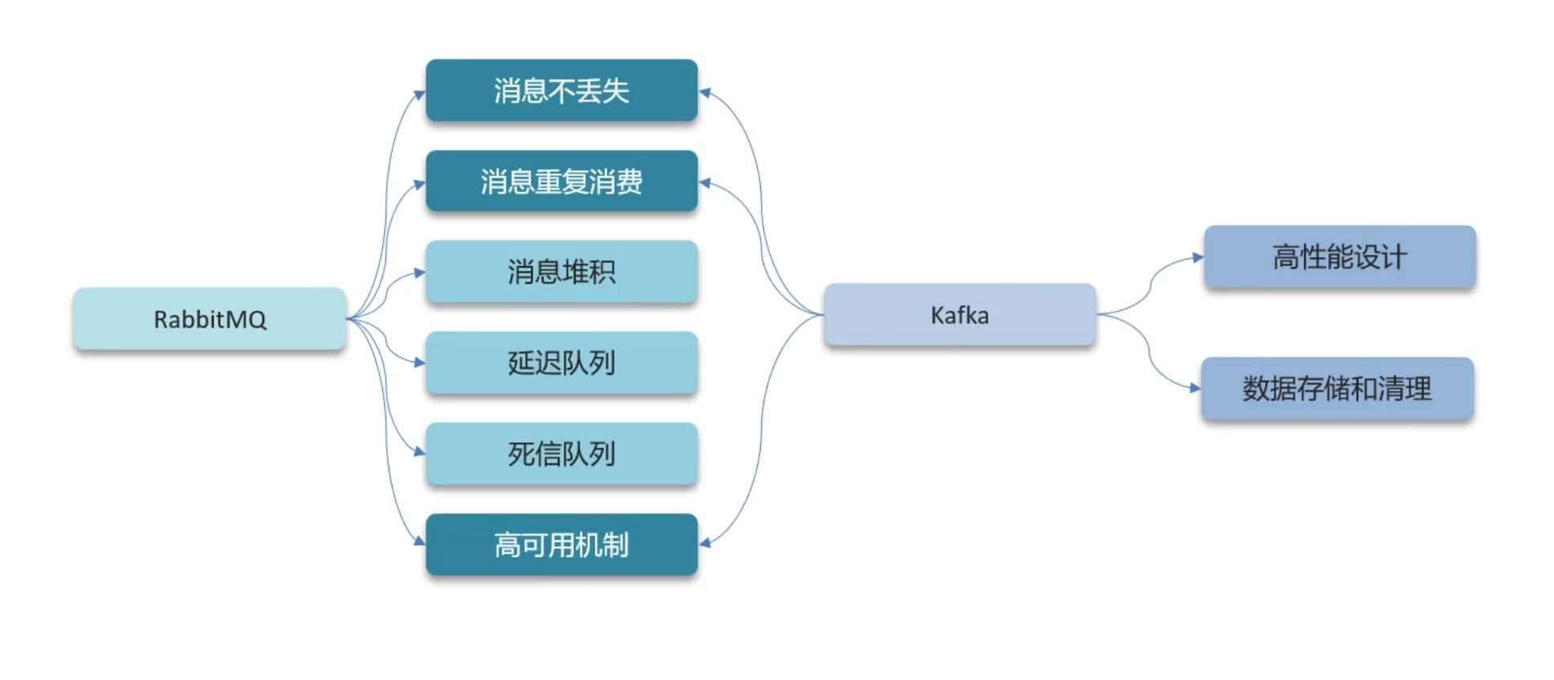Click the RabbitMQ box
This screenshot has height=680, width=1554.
209,319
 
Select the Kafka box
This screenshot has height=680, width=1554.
959,315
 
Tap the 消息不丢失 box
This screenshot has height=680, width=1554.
561,91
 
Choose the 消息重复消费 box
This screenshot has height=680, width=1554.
561,181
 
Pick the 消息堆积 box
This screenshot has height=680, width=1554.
561,272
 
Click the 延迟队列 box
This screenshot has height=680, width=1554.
561,363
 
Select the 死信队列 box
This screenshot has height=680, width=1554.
561,454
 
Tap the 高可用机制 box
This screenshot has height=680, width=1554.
561,545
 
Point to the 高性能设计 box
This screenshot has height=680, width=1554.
1339,257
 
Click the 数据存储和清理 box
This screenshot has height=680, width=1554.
1336,389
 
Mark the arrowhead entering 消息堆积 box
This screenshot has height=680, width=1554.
420,273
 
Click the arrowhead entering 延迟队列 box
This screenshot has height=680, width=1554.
420,363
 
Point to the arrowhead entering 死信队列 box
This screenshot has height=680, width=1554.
420,452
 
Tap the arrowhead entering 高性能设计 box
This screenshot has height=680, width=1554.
1198,258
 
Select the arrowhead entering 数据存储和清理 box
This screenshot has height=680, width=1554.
1195,388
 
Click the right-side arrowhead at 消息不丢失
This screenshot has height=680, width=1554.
705,92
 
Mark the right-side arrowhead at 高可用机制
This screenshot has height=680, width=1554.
705,544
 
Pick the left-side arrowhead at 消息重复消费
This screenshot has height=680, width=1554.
420,184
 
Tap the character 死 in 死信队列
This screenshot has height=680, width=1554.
520,454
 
